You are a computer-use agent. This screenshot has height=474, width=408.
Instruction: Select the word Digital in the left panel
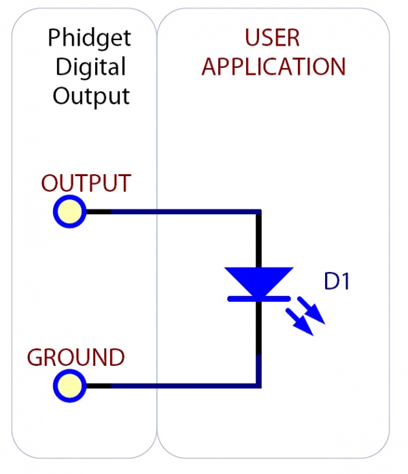click(x=90, y=67)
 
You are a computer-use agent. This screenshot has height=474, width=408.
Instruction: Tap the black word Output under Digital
click(x=90, y=96)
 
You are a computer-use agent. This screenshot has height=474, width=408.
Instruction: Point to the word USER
click(x=273, y=37)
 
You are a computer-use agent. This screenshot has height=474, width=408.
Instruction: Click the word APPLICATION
click(x=273, y=67)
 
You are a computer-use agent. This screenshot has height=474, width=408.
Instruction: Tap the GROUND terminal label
click(x=75, y=357)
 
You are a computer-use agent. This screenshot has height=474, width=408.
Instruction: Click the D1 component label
click(x=337, y=282)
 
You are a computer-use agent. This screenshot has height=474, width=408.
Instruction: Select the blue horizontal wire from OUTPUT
click(x=184, y=212)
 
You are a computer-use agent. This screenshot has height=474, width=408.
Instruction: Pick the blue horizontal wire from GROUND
click(x=184, y=386)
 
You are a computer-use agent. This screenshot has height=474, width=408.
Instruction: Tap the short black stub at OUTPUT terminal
click(x=98, y=212)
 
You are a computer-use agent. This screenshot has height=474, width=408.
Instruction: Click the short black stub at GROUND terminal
click(x=98, y=386)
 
